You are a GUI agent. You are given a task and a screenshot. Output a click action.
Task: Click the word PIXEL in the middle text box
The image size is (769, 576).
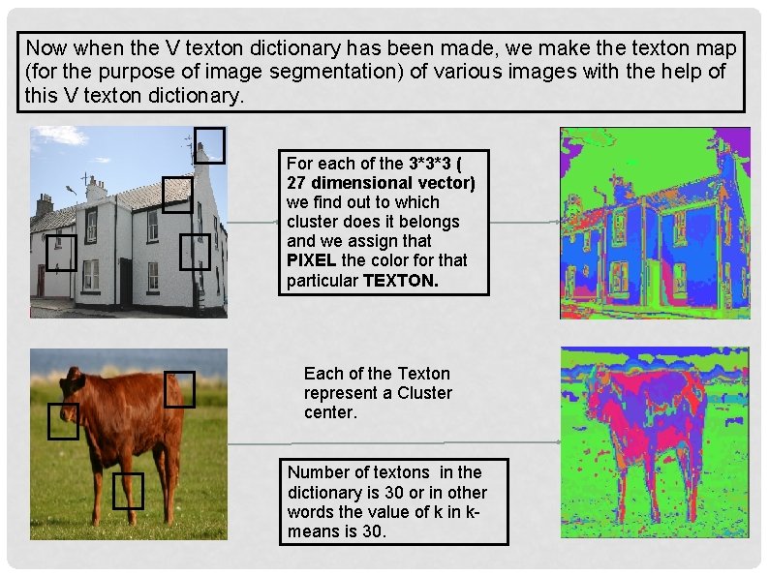pos(312,260)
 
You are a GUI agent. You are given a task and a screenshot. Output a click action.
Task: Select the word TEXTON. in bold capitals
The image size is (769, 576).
pos(400,281)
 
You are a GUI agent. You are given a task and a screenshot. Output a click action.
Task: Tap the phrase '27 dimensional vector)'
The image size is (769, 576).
pos(381,183)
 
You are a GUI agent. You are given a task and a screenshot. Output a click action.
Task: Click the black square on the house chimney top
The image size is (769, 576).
pos(209,145)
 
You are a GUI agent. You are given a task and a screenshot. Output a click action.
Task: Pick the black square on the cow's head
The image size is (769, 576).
pos(63,421)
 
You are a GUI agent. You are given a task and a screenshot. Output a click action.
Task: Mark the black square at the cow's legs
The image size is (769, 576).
pos(127,491)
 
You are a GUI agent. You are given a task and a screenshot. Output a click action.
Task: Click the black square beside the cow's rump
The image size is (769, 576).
pos(179,389)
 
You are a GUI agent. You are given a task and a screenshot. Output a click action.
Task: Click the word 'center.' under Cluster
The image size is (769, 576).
pos(330,412)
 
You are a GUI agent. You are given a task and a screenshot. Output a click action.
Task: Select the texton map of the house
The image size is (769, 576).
pos(654,223)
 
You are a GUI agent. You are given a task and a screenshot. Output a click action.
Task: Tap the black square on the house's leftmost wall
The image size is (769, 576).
pos(61,253)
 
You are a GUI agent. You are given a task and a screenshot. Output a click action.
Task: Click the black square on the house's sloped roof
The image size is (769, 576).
pos(176,195)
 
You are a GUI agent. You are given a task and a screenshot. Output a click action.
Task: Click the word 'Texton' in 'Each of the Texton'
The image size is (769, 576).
pos(424,374)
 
